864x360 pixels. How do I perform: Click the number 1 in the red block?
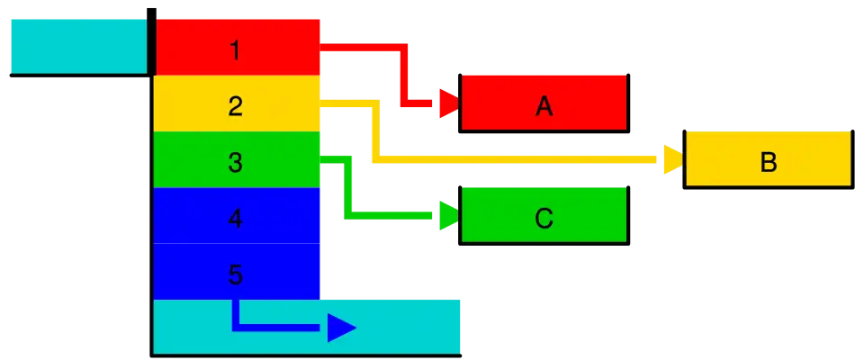[235, 50]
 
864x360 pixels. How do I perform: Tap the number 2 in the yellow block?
[235, 106]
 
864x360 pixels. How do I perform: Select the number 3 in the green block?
[235, 162]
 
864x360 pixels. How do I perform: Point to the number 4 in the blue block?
[235, 219]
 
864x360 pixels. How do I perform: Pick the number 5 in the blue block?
[235, 274]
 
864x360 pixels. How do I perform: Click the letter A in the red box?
[544, 106]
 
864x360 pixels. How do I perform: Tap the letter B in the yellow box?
[768, 163]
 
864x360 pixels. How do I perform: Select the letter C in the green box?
[544, 219]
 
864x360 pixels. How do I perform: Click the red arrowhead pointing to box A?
[449, 103]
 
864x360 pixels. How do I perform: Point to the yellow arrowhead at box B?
[673, 159]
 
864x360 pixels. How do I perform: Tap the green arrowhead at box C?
[449, 216]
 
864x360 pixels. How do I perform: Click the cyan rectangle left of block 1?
[79, 46]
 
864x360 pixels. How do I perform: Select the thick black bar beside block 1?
[151, 41]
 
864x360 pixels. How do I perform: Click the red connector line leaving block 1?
[404, 76]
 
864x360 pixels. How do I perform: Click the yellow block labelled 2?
[237, 103]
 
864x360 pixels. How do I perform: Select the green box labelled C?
[544, 215]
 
